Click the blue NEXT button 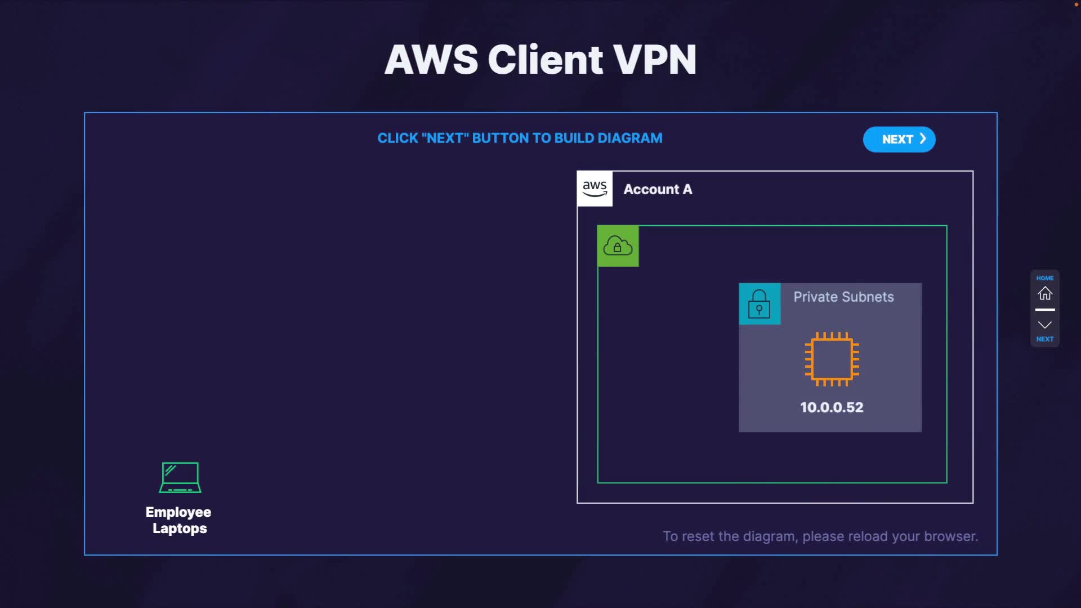pyautogui.click(x=899, y=140)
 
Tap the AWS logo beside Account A pyautogui.click(x=595, y=189)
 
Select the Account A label pyautogui.click(x=658, y=190)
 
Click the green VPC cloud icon pyautogui.click(x=618, y=246)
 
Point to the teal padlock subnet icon pyautogui.click(x=759, y=304)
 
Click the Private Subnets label pyautogui.click(x=843, y=297)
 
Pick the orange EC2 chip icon pyautogui.click(x=832, y=359)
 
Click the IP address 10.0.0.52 pyautogui.click(x=832, y=408)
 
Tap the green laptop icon pyautogui.click(x=180, y=477)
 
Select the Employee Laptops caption pyautogui.click(x=178, y=520)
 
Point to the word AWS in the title pyautogui.click(x=431, y=60)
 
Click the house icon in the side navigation pyautogui.click(x=1045, y=293)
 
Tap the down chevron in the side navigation pyautogui.click(x=1045, y=325)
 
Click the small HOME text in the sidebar pyautogui.click(x=1045, y=278)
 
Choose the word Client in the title pyautogui.click(x=545, y=60)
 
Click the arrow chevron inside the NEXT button pyautogui.click(x=923, y=139)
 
